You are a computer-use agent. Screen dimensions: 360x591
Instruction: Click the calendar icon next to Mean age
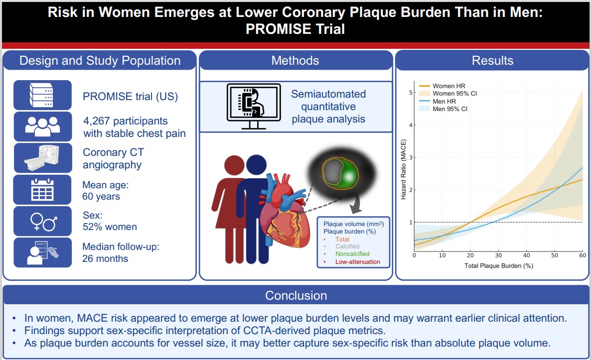[x=42, y=190]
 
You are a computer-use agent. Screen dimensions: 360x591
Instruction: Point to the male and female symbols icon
[x=42, y=221]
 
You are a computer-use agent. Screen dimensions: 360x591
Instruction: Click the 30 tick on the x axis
[x=498, y=255]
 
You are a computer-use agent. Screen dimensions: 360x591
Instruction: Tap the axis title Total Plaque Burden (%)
[x=498, y=266]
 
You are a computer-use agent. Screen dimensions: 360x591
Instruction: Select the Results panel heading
[x=492, y=61]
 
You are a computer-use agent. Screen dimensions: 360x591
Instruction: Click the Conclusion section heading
[x=295, y=295]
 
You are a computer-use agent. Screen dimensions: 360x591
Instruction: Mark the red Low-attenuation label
[x=357, y=262]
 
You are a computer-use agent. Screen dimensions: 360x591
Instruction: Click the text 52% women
[x=110, y=227]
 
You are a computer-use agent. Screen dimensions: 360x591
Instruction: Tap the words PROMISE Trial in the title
[x=295, y=29]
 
